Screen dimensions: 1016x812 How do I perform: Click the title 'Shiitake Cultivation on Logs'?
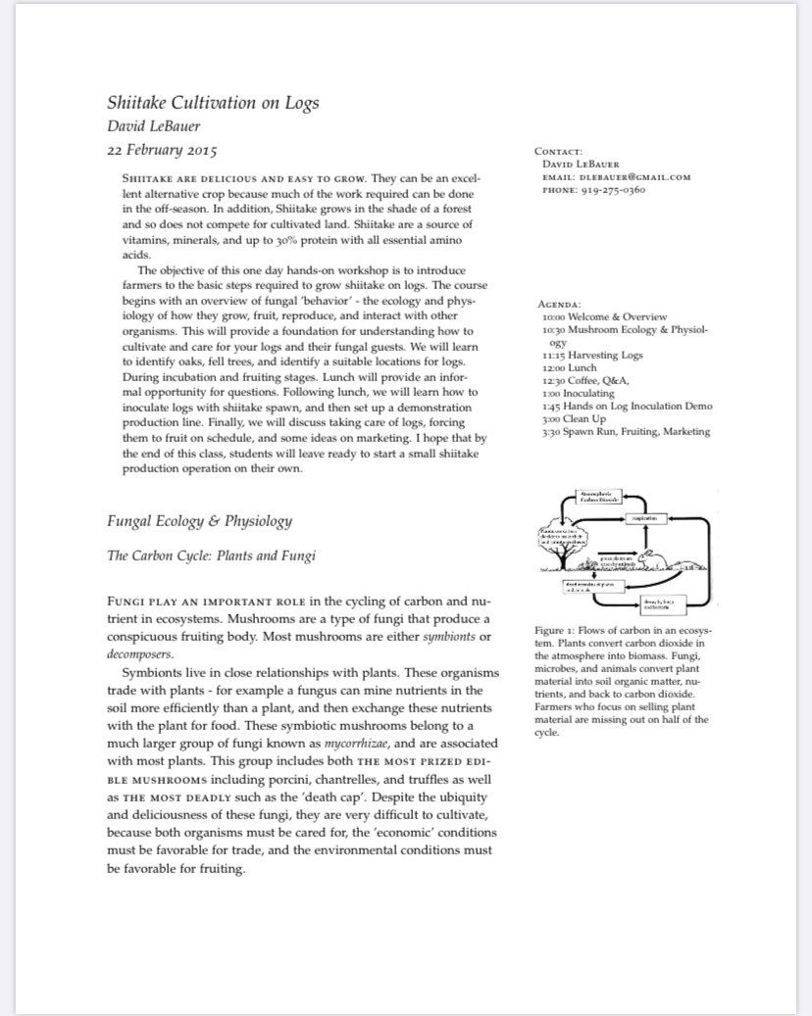[x=213, y=102]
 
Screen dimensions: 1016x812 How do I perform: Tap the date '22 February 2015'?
[x=162, y=151]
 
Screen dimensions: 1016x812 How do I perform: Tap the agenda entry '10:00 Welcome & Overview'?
[x=604, y=317]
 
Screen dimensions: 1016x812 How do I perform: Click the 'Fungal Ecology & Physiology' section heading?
[x=199, y=520]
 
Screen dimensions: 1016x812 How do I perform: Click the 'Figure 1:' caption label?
[x=559, y=629]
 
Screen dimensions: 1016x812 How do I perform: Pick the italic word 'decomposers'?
[x=140, y=653]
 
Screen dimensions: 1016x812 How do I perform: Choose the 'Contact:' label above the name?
[x=558, y=152]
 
